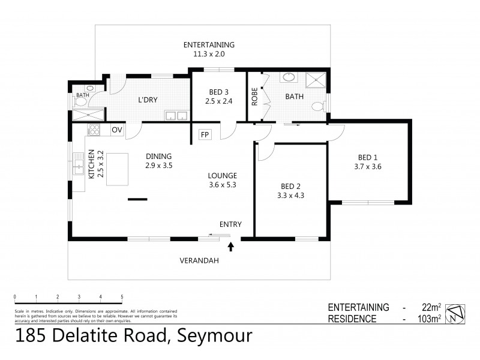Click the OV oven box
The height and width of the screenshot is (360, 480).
pyautogui.click(x=116, y=130)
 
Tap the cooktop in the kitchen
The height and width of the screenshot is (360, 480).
pyautogui.click(x=94, y=129)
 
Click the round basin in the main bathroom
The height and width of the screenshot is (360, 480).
pyautogui.click(x=289, y=77)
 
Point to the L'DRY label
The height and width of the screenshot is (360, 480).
pyautogui.click(x=147, y=100)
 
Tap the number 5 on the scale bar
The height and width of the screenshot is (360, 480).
pyautogui.click(x=122, y=297)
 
